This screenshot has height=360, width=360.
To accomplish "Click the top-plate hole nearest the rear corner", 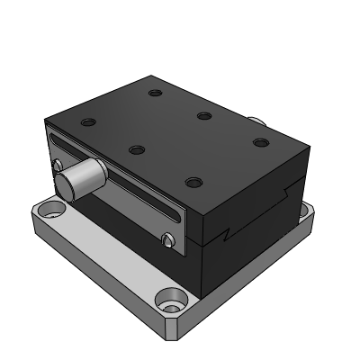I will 155,93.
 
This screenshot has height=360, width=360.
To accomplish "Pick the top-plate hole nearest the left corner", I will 86,121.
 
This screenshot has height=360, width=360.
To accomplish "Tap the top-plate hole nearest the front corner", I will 192,182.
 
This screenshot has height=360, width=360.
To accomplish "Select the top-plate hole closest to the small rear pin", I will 261,142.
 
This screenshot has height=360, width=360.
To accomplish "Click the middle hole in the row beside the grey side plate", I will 137,149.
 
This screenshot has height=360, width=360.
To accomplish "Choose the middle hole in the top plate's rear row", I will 204,115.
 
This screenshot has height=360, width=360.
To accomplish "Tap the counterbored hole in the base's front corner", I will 169,299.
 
